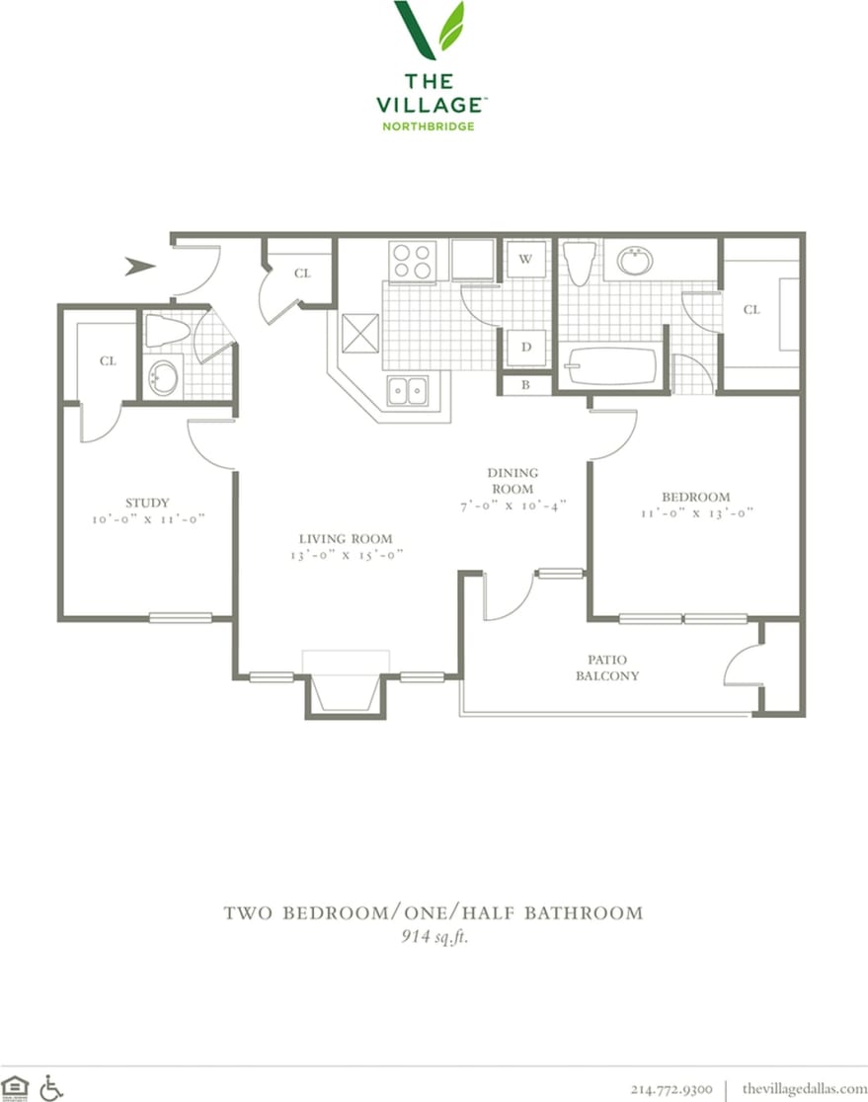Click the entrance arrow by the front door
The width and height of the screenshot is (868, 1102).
(140, 265)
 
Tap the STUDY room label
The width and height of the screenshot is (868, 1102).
(148, 501)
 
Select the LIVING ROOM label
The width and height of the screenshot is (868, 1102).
(346, 539)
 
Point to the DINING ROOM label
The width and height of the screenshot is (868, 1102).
(512, 481)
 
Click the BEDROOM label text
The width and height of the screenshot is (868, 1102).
(697, 497)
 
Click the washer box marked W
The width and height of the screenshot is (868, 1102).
(526, 260)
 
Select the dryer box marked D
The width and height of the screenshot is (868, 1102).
(526, 347)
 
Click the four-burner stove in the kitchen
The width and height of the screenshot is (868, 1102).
(412, 261)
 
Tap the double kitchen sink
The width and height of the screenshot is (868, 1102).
(407, 391)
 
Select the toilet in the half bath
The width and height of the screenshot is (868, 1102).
(166, 332)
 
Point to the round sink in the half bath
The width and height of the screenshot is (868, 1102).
(162, 376)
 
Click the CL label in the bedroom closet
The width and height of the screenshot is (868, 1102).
(751, 310)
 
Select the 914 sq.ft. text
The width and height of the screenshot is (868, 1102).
(428, 937)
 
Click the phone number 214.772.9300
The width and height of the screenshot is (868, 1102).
(671, 1088)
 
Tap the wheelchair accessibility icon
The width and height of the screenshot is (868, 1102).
(51, 1087)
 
